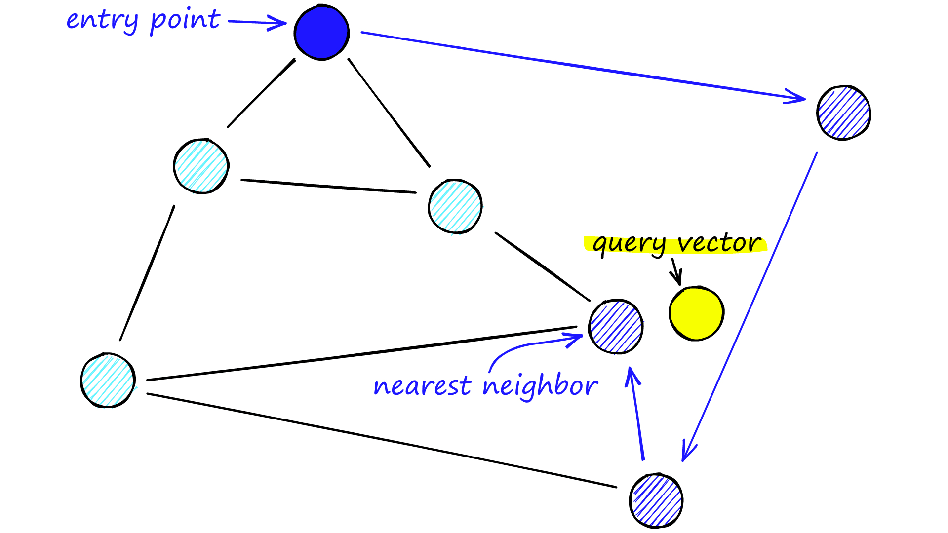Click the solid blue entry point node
point(321,33)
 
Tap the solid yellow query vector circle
point(696,313)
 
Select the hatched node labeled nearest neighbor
point(616,327)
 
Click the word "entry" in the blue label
point(102,21)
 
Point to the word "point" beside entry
point(185,21)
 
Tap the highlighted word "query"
point(630,244)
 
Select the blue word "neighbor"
point(540,386)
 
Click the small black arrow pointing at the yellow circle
point(676,272)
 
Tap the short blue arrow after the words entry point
point(257,22)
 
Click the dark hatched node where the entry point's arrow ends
point(843,113)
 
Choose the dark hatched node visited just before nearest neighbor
point(656,500)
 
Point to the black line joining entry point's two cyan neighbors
point(328,186)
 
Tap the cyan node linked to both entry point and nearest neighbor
point(455,206)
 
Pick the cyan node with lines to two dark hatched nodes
point(108,380)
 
